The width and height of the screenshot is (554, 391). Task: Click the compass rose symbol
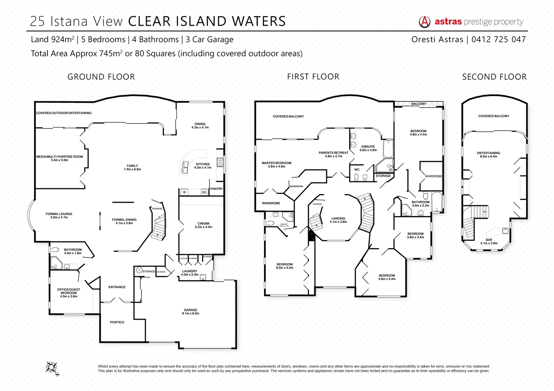tap(52, 368)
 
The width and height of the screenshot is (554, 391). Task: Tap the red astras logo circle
tap(425, 22)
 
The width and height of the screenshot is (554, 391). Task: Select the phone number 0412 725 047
tap(499, 39)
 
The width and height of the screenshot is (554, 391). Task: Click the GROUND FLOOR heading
tap(101, 77)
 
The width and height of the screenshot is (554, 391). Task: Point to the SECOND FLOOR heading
tap(494, 77)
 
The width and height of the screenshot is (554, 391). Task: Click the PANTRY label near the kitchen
tap(216, 189)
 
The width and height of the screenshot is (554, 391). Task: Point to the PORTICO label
tap(117, 322)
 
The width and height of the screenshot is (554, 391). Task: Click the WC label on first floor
tap(357, 169)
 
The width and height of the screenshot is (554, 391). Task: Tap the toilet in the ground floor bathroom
tap(54, 249)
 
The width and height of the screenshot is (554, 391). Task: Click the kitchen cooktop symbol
tap(220, 162)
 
